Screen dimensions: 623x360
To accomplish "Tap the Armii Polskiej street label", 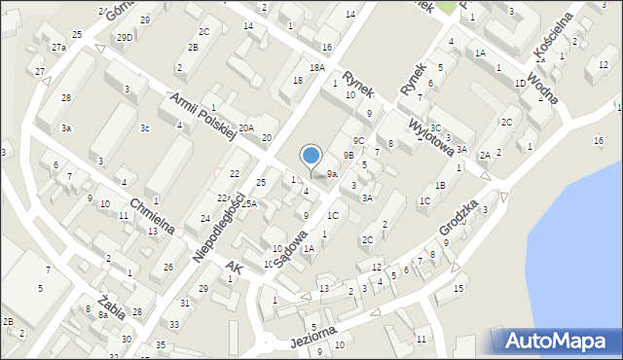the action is tap(203, 118).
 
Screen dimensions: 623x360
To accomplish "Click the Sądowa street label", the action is tap(290, 248).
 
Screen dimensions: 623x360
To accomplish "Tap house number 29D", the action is tap(125, 37).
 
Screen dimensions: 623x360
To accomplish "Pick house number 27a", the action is tap(58, 47).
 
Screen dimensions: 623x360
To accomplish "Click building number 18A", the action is tap(316, 67).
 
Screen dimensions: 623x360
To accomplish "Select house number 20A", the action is tap(246, 127).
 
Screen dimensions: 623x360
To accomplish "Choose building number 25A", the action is tap(249, 203).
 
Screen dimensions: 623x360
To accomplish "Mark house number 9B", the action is tap(348, 155).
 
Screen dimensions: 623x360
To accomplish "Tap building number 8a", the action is tap(102, 315).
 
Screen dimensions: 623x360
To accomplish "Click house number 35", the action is tap(161, 345).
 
